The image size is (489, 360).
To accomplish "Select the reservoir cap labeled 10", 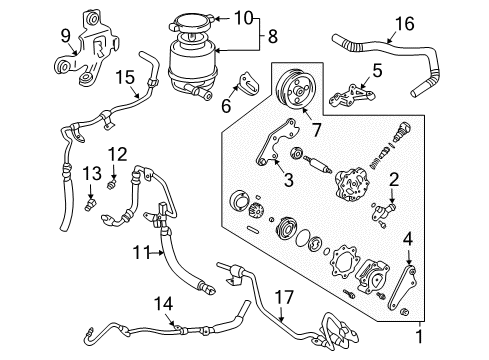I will click(x=197, y=19).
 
